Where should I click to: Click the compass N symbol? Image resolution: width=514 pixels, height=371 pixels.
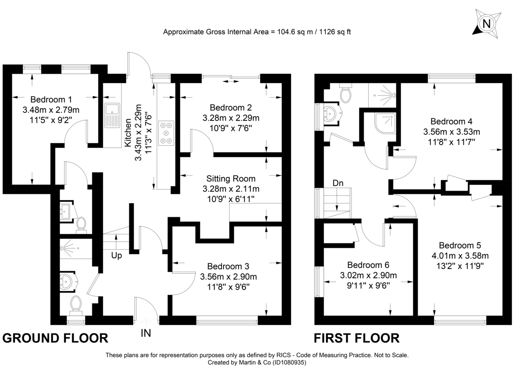(486, 24)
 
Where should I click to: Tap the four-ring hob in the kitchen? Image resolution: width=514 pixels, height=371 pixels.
(166, 133)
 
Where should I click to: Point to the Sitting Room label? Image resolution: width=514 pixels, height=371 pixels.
(230, 179)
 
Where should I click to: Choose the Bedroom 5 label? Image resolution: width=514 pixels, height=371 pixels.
(460, 245)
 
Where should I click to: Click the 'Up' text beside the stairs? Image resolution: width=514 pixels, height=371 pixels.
(117, 256)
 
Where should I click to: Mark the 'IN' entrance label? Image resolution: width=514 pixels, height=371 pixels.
(146, 332)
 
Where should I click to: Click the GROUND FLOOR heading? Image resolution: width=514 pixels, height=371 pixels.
(55, 338)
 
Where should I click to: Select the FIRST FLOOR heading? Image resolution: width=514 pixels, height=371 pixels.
(357, 338)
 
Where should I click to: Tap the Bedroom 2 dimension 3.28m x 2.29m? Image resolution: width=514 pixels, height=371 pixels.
(231, 117)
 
